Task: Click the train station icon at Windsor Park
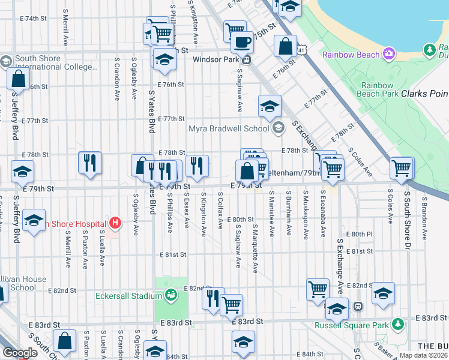click(246, 59)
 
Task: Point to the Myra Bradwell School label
click(229, 128)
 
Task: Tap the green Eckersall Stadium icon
click(170, 295)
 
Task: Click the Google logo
click(20, 353)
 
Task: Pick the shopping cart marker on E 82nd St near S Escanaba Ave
click(318, 289)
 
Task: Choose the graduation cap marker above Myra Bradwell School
click(270, 106)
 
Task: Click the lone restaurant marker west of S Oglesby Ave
click(90, 162)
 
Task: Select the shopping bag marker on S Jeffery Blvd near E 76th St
click(19, 79)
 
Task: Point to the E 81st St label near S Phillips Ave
click(172, 254)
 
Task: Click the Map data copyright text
click(423, 355)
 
